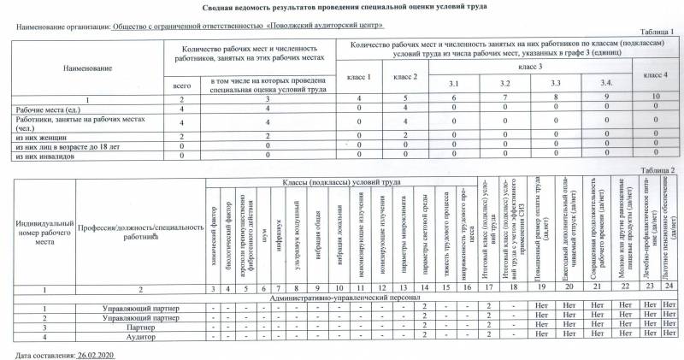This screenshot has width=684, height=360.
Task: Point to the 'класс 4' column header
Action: pos(654,75)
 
